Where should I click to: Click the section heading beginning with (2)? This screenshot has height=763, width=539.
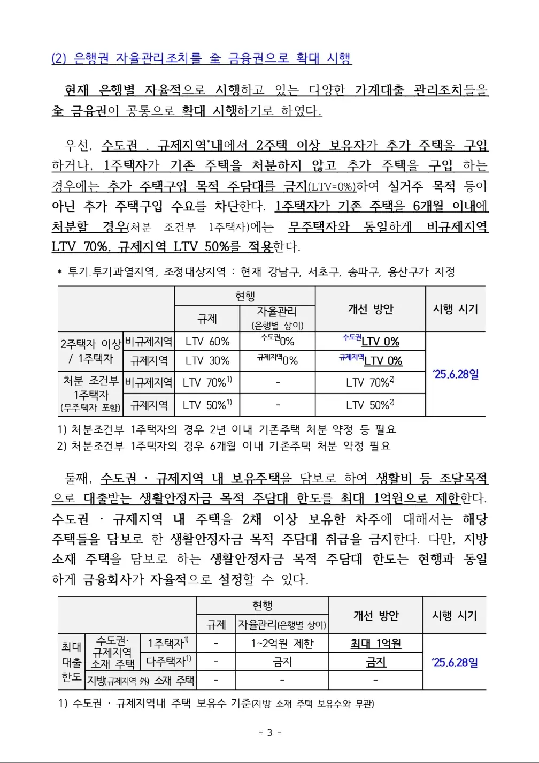coord(201,58)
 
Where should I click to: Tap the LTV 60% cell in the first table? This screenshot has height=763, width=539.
coord(207,341)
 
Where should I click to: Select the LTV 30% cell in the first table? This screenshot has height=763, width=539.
coord(207,361)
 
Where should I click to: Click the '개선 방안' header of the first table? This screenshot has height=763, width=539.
coord(370,309)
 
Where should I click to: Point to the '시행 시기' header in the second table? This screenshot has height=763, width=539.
coord(454,615)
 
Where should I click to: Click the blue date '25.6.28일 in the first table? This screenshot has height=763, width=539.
coord(456,374)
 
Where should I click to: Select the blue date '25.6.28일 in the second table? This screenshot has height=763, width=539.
coord(455,662)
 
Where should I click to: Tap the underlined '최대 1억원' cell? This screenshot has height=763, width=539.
coord(375,644)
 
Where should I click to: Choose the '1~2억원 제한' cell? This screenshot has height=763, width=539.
coord(282,644)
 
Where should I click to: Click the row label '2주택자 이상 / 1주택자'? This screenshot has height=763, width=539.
coord(90,351)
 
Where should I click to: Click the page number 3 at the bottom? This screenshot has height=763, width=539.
coord(269,732)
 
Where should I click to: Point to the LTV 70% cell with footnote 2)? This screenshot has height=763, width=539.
coord(370,382)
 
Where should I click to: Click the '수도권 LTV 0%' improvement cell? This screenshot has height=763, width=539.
coord(371,341)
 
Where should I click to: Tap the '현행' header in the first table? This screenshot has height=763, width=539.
coord(245,296)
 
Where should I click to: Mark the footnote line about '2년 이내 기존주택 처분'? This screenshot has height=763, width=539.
coord(227,429)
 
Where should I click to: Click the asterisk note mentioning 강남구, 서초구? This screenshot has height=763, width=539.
coord(256,272)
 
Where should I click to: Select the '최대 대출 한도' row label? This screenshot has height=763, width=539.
coord(71,662)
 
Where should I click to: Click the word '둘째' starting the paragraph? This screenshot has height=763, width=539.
coord(78,478)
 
